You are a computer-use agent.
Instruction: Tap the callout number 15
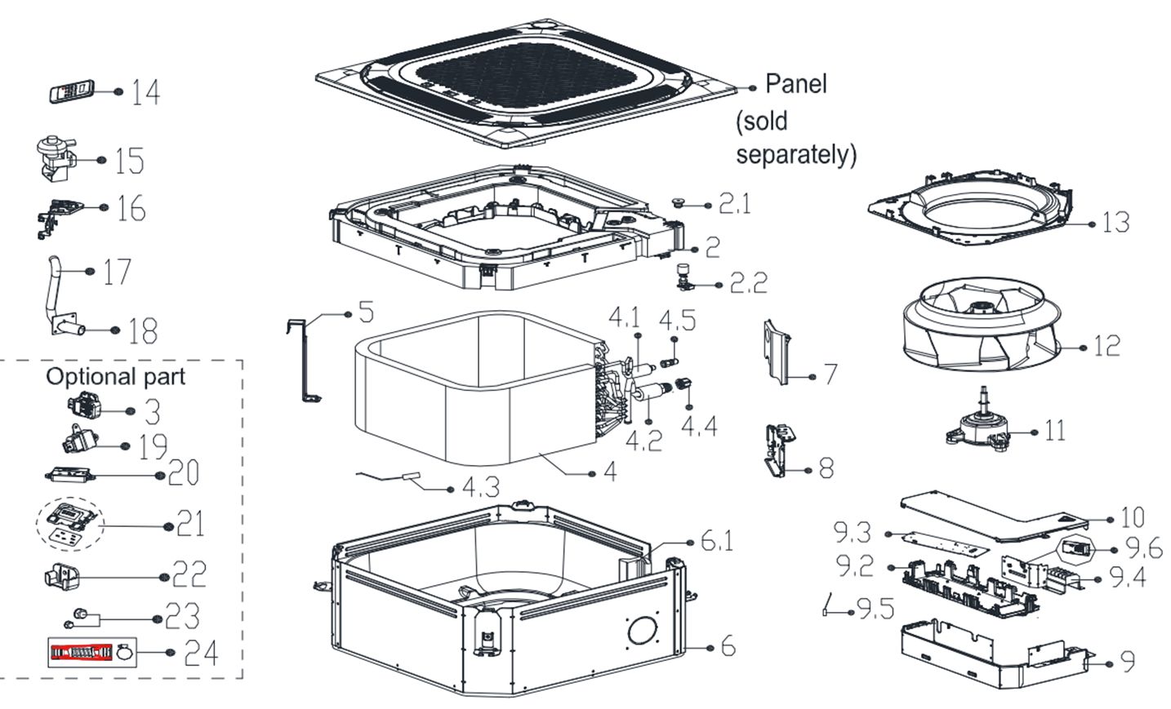pos(129,161)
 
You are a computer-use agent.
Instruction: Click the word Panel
pos(795,83)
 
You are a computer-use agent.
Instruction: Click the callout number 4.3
pos(480,488)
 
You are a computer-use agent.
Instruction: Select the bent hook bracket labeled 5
pos(303,359)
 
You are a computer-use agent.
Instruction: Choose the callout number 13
pos(1116,222)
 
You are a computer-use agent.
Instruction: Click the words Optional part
pos(115,376)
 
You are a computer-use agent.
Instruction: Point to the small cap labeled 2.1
pos(677,201)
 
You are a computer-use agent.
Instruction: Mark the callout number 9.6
pos(1143,547)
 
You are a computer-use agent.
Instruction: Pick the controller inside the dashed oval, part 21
pos(70,521)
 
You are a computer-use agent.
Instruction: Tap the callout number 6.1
pos(717,540)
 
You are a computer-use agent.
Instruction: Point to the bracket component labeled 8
pos(777,448)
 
